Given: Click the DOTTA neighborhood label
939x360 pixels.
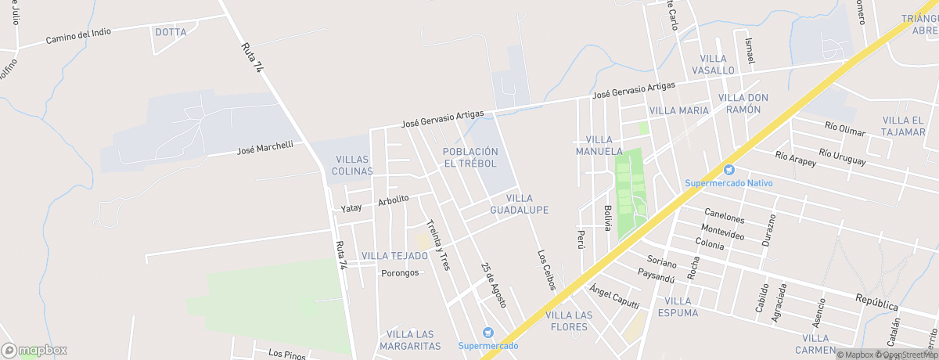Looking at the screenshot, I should [171, 32].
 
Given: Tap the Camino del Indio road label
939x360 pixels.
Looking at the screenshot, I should [78, 35].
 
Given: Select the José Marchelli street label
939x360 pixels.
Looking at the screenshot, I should [264, 147].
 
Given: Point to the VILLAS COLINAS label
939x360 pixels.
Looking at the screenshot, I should [352, 165].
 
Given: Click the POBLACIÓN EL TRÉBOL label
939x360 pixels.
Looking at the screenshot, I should [470, 157].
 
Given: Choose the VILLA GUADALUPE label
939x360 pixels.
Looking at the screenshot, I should [519, 204].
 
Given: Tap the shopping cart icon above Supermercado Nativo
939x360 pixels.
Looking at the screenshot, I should [729, 170].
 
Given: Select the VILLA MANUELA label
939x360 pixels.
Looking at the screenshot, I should [599, 145].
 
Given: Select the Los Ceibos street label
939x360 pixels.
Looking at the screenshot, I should [546, 270].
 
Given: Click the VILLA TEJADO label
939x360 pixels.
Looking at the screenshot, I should [394, 256].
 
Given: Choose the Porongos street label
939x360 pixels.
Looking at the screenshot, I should [400, 273].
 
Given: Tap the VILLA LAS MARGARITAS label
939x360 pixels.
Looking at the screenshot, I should [410, 340].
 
